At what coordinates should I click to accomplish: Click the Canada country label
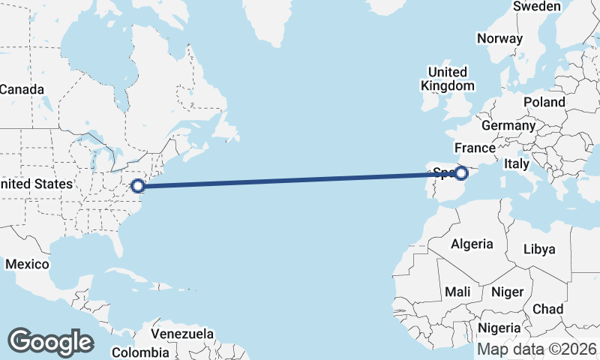click(x=21, y=89)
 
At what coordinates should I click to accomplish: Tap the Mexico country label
click(x=27, y=264)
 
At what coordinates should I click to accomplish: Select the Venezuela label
click(x=182, y=334)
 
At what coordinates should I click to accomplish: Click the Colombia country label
click(x=140, y=352)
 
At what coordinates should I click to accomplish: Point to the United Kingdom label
click(x=447, y=79)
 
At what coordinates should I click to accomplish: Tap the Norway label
click(x=499, y=39)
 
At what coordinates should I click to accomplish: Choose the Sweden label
click(x=537, y=7)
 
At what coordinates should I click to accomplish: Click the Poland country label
click(x=544, y=101)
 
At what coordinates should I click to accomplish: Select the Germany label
click(x=508, y=125)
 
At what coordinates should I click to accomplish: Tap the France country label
click(x=475, y=148)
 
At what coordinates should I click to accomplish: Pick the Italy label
click(x=517, y=163)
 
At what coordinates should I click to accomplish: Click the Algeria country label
click(x=472, y=244)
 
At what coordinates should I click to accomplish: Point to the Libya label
click(x=539, y=249)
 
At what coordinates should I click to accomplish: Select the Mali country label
click(x=457, y=291)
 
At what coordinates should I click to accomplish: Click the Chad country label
click(x=547, y=308)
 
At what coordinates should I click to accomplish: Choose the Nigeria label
click(x=499, y=328)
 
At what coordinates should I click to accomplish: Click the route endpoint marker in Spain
click(x=461, y=173)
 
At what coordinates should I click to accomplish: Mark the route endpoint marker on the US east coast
click(x=137, y=185)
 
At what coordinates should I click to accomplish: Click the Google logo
click(x=50, y=342)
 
